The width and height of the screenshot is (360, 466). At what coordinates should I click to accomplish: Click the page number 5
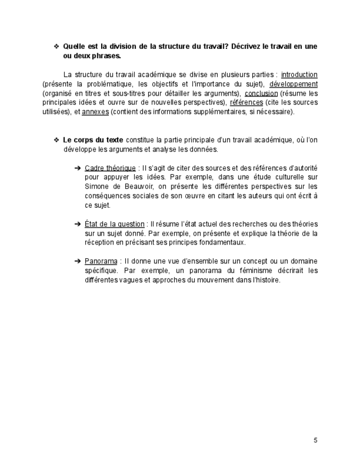315,440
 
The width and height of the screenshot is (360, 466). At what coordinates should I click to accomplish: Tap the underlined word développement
293,84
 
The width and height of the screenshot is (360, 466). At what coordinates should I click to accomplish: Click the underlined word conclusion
261,93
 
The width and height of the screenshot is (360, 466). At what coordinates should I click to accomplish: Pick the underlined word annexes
95,112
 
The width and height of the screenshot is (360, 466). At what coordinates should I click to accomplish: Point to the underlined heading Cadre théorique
110,168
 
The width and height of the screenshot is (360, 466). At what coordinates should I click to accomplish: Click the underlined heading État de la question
114,224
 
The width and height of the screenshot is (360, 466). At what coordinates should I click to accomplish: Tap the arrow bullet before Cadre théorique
77,168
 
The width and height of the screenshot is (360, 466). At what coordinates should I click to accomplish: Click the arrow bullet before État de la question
77,224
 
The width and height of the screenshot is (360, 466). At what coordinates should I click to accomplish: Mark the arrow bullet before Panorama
77,261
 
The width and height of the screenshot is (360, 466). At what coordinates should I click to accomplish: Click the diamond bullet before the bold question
56,46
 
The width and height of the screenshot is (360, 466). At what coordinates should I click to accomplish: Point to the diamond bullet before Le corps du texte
56,140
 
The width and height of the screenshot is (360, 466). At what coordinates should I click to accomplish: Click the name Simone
97,186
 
